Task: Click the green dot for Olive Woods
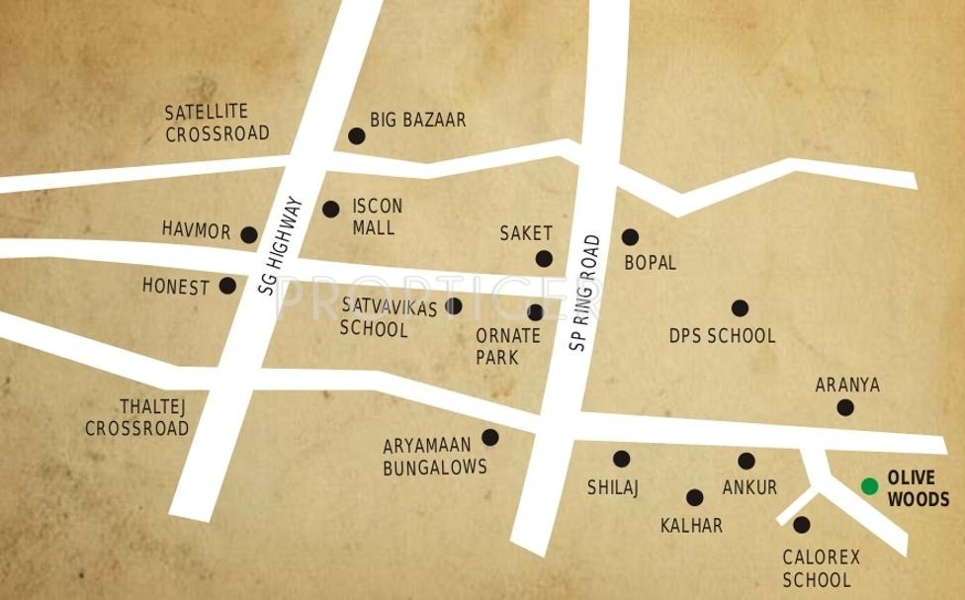tap(869, 485)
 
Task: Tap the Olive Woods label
tap(918, 489)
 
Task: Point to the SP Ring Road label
tap(585, 293)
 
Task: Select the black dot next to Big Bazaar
tap(356, 136)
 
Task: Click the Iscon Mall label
tap(377, 216)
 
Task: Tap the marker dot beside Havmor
tap(249, 235)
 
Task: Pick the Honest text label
tap(176, 287)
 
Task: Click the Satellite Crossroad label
tap(217, 123)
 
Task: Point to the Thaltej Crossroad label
tap(136, 417)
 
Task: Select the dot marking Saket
tap(544, 259)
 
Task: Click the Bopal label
tap(650, 263)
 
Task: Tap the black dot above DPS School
tap(740, 308)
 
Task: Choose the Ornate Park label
tap(507, 346)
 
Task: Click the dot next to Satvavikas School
tap(453, 306)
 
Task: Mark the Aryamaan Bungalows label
tap(435, 457)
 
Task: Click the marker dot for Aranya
tap(845, 407)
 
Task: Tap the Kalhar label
tap(691, 526)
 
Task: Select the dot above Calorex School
tap(802, 525)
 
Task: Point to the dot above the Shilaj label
tap(621, 459)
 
